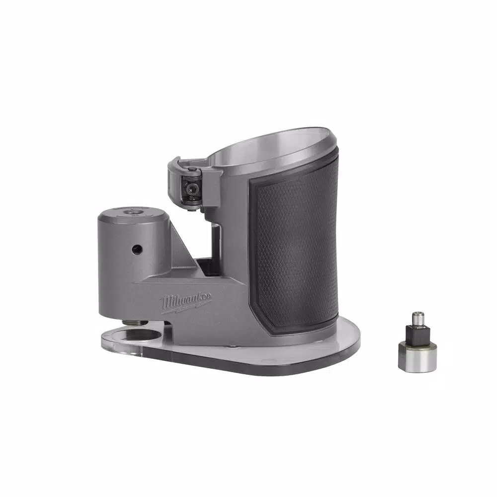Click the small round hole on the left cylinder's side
136,247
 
